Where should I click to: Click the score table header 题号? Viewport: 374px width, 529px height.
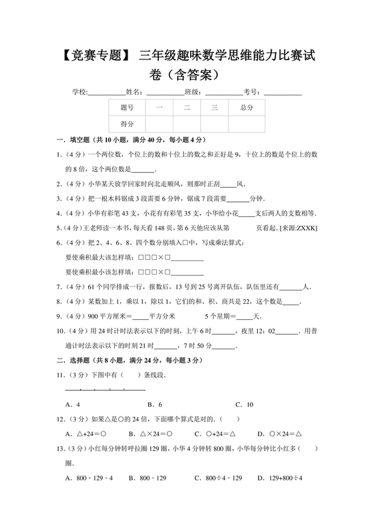click(127, 107)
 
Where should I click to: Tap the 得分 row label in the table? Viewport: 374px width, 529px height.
click(127, 124)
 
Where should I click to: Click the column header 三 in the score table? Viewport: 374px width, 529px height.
click(214, 107)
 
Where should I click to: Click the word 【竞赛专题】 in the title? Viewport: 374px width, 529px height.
click(89, 56)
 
